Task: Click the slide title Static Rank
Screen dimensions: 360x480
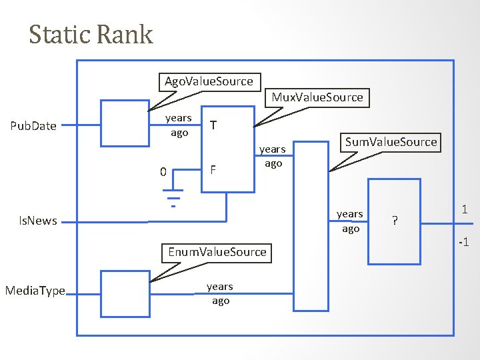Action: click(91, 35)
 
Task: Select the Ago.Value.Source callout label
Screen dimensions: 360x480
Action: click(209, 81)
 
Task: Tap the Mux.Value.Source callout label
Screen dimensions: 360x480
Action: click(317, 97)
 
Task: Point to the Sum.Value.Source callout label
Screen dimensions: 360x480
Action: click(391, 141)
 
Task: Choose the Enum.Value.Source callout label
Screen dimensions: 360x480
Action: click(217, 252)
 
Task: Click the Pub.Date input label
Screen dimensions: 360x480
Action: click(34, 125)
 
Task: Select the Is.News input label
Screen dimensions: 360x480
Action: click(37, 221)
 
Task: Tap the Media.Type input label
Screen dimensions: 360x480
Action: click(35, 291)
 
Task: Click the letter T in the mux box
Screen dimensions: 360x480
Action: click(213, 125)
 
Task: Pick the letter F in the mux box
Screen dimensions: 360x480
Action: click(213, 169)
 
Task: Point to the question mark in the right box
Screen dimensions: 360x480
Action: click(395, 221)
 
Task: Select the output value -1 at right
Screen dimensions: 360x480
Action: click(463, 242)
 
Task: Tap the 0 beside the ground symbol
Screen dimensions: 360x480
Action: click(163, 173)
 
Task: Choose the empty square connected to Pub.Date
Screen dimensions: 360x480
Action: click(123, 123)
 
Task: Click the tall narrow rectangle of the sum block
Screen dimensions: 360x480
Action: click(311, 226)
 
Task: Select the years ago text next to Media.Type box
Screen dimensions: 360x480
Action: click(220, 293)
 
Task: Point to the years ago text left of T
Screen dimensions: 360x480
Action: click(179, 125)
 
